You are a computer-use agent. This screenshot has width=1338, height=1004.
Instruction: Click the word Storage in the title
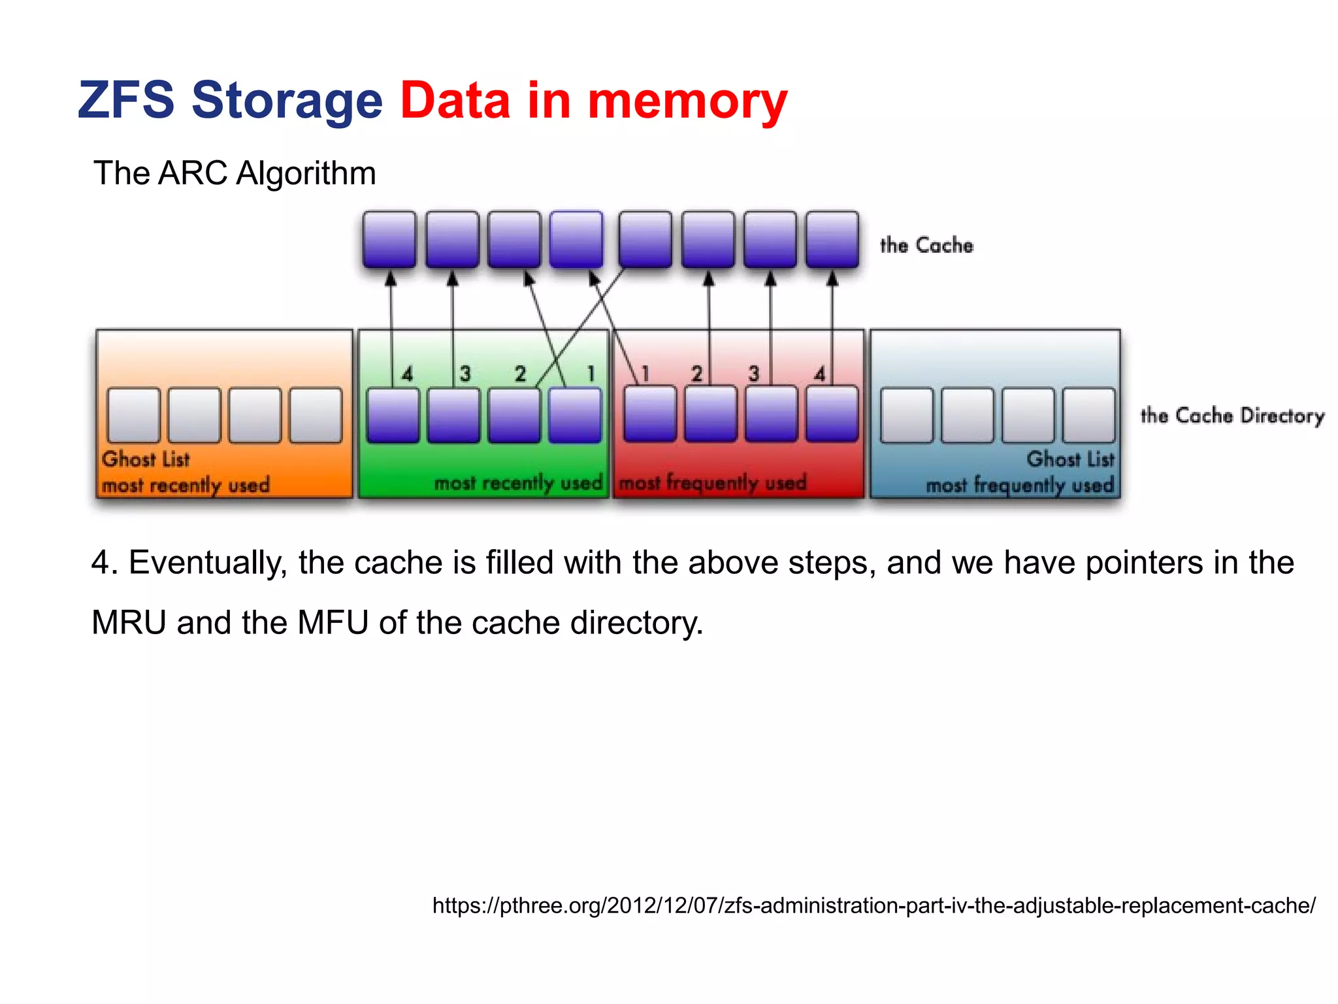coord(286,101)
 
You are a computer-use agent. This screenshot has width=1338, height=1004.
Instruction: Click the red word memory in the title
coord(687,101)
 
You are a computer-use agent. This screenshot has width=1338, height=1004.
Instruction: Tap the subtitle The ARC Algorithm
coord(235,173)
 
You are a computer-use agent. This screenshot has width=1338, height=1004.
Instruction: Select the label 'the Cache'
coord(926,245)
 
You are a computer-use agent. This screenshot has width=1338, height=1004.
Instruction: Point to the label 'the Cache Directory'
coord(1232,416)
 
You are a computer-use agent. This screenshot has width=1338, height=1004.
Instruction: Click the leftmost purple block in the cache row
coord(389,239)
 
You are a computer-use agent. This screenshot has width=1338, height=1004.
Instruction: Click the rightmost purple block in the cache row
coord(832,239)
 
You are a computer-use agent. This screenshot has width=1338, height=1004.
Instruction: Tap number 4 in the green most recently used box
coord(407,374)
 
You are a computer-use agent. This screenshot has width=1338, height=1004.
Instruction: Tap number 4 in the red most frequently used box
coord(819,374)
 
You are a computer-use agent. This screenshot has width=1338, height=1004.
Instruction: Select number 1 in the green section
coord(590,374)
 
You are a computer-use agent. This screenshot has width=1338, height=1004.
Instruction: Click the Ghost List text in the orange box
coord(146,459)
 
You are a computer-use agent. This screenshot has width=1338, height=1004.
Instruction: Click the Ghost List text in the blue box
coord(1070,459)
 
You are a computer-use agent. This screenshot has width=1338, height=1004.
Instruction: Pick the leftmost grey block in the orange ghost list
coord(134,416)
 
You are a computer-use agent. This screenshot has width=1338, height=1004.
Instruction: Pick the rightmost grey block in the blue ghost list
coord(1088,416)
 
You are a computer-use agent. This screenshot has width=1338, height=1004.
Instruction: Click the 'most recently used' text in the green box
coord(517,483)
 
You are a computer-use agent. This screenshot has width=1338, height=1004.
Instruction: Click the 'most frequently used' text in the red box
coord(712,483)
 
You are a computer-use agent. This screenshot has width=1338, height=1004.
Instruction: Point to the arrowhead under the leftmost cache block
coord(391,279)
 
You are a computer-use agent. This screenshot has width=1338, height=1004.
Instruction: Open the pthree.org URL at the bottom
coord(873,905)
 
